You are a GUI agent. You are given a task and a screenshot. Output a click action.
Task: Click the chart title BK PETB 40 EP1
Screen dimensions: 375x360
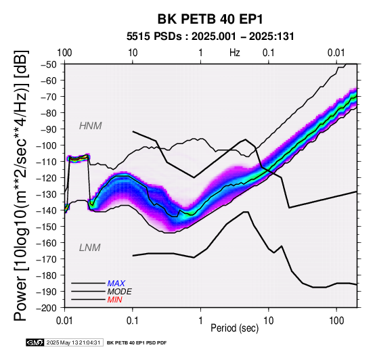pyautogui.click(x=211, y=19)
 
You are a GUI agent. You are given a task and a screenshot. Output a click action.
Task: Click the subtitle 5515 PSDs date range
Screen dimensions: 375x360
pyautogui.click(x=211, y=37)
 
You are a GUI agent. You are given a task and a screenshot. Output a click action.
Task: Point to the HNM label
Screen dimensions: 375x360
pyautogui.click(x=91, y=126)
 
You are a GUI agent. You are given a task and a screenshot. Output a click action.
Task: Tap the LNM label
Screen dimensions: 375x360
pyautogui.click(x=89, y=248)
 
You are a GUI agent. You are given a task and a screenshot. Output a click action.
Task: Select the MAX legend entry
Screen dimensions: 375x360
pyautogui.click(x=116, y=284)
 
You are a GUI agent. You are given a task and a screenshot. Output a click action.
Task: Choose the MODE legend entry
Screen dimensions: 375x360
pyautogui.click(x=120, y=292)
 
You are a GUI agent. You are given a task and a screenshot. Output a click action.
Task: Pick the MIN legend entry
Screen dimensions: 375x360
pyautogui.click(x=115, y=300)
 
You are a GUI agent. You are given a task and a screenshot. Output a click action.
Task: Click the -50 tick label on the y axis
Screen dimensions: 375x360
pyautogui.click(x=48, y=64)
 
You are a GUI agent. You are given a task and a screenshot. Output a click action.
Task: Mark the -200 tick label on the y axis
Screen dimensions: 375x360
pyautogui.click(x=47, y=308)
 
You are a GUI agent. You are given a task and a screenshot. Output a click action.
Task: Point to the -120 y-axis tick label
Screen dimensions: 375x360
pyautogui.click(x=47, y=178)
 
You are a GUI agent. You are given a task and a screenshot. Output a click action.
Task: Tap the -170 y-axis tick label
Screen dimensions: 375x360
pyautogui.click(x=47, y=259)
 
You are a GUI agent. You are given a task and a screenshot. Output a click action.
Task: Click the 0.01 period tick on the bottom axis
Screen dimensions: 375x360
pyautogui.click(x=64, y=321)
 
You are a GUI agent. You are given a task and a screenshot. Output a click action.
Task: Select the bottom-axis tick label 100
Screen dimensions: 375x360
pyautogui.click(x=336, y=321)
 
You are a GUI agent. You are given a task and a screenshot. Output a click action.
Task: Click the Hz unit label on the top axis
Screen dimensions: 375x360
pyautogui.click(x=235, y=53)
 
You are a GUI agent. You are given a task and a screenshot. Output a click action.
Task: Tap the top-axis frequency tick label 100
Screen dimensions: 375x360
pyautogui.click(x=64, y=53)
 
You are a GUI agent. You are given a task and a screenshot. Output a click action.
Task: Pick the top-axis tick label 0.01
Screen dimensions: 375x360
pyautogui.click(x=336, y=53)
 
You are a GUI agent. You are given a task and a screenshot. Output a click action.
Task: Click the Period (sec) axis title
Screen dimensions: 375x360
pyautogui.click(x=235, y=328)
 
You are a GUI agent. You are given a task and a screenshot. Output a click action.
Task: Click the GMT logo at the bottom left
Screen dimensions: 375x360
pyautogui.click(x=35, y=342)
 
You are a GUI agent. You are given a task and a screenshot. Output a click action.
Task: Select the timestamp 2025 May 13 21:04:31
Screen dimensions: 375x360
pyautogui.click(x=73, y=342)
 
